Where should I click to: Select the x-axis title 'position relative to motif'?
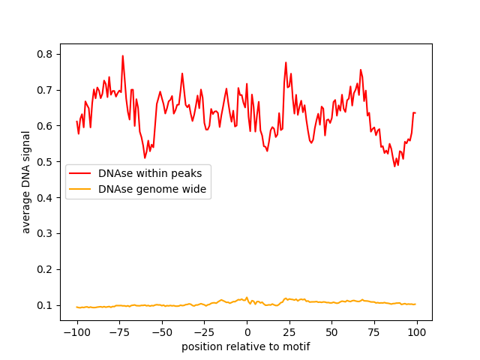coord(246,346)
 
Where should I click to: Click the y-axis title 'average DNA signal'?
coord(26,181)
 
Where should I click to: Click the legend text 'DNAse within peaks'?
coord(150,173)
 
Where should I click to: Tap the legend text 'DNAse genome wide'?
coord(152,189)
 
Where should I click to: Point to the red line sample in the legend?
coord(80,173)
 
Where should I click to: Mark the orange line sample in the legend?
coord(80,189)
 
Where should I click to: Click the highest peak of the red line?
coord(123,55)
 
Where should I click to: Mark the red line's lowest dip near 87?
coord(394,166)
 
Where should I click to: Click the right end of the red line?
coord(415,113)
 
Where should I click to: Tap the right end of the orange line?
coord(415,304)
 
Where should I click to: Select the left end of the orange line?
coord(76,307)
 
